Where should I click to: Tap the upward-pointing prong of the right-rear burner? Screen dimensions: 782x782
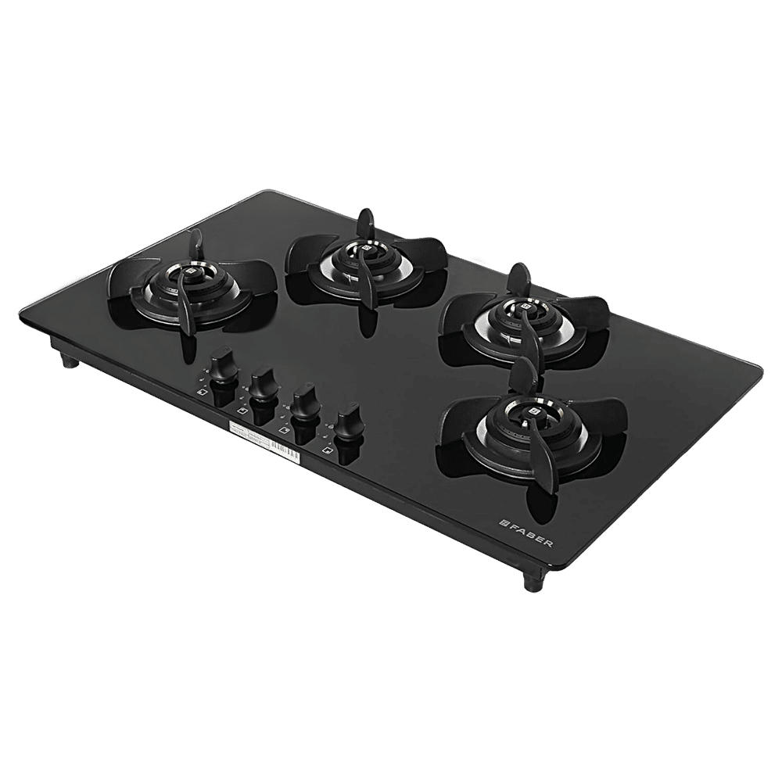[518, 278]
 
